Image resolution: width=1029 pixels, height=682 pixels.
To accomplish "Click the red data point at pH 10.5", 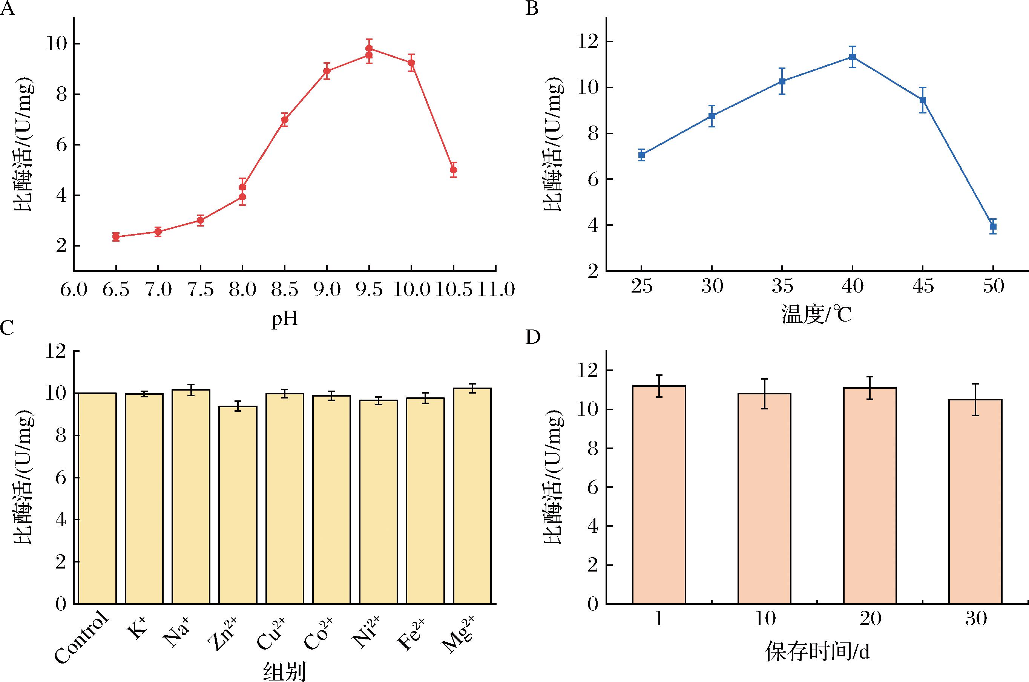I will coord(453,170).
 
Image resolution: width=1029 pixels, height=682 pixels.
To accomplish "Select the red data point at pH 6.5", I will coord(116,237).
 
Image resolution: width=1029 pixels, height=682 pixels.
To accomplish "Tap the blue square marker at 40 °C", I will coord(853,57).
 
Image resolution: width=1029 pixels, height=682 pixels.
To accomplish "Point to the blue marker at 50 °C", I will coord(993,227).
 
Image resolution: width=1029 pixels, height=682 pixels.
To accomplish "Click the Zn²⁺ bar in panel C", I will coord(238,504).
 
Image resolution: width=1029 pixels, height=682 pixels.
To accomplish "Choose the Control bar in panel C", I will coord(97,498).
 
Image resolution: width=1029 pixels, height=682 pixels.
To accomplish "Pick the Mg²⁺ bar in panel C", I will coord(472,496).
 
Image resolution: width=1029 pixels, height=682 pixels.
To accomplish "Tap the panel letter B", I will coord(532,9).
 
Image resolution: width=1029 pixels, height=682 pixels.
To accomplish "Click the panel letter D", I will coord(533,337).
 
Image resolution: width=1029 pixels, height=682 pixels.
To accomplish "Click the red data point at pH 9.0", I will coord(327,71).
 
